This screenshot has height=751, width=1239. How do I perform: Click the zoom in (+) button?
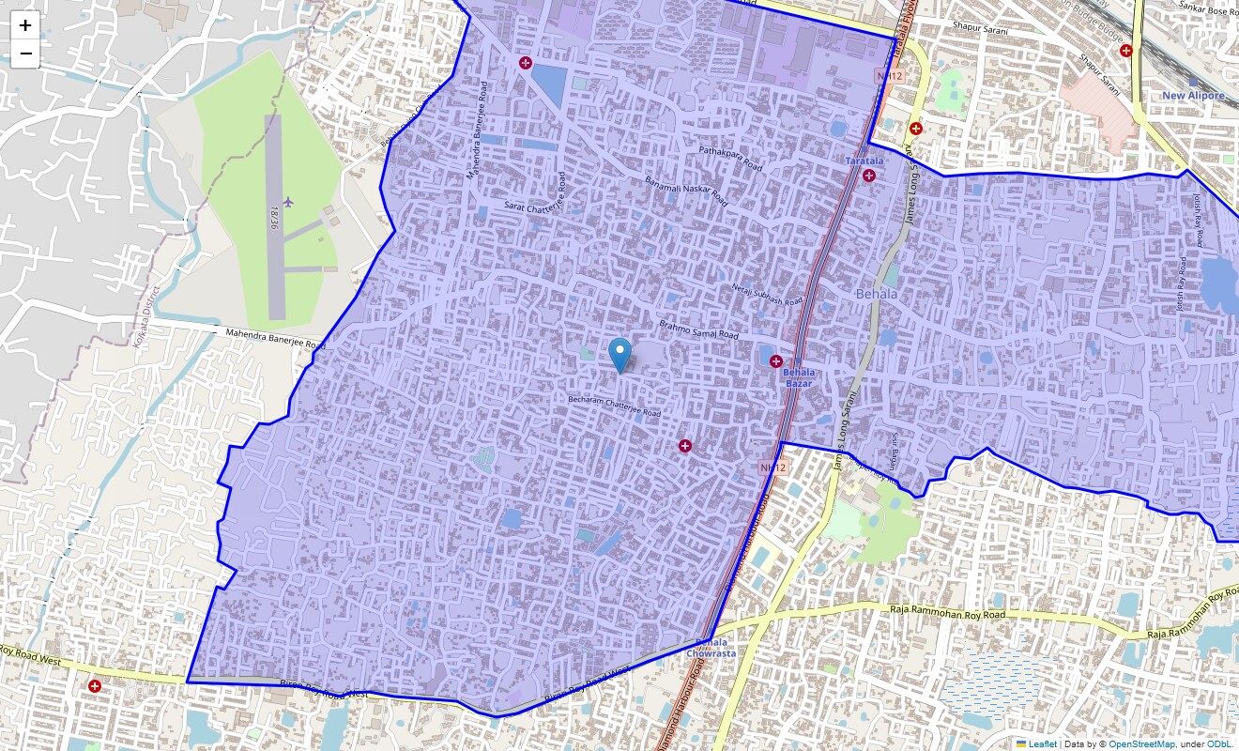[x=25, y=26]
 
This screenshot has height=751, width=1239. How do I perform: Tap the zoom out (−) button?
[x=25, y=54]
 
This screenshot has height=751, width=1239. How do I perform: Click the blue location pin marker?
[x=619, y=356]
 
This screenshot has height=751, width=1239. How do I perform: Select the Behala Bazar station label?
[x=800, y=377]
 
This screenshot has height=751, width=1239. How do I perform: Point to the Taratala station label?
[x=864, y=161]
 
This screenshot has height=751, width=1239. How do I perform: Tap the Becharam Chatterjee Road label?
[x=614, y=406]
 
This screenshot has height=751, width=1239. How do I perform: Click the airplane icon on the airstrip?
[x=287, y=202]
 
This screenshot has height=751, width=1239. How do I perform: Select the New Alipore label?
[x=1193, y=96]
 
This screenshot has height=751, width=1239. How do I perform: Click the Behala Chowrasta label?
[x=711, y=647]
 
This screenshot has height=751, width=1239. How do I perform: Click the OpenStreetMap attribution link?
[x=1141, y=743]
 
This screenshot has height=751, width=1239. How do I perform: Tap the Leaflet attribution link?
[x=1042, y=743]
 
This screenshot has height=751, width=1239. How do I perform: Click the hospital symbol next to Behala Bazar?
[x=776, y=361]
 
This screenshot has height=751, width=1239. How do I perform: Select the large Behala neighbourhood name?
[x=877, y=294]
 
